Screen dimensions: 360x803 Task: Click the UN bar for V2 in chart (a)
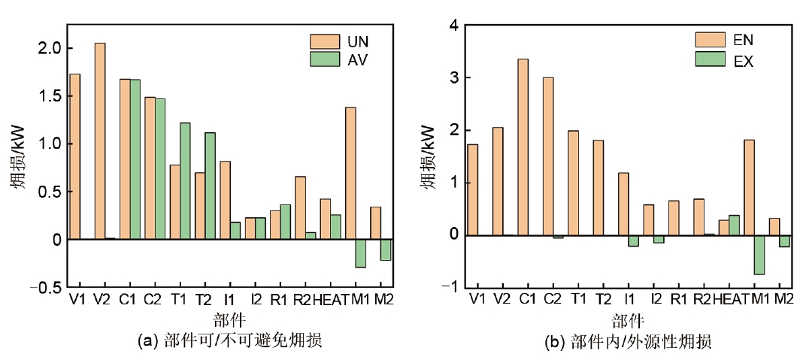(x=100, y=141)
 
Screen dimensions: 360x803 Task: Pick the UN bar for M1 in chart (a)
(x=350, y=173)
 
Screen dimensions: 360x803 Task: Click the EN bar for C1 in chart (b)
(x=523, y=147)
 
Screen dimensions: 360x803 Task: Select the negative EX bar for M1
(x=759, y=255)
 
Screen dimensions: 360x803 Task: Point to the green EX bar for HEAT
(x=734, y=225)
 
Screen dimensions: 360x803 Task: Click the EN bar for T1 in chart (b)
(x=573, y=183)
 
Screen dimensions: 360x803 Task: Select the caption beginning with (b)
(x=628, y=343)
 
